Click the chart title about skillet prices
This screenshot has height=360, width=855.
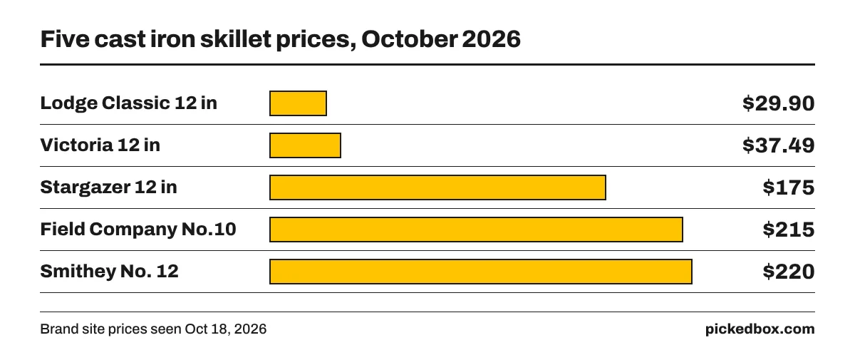point(281,39)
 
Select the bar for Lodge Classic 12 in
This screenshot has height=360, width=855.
point(298,103)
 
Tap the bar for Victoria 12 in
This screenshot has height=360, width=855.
point(306,145)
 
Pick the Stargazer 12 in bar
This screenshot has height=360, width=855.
point(437,187)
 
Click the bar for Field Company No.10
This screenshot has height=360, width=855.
point(477,230)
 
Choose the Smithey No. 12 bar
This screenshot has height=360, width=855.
point(481,272)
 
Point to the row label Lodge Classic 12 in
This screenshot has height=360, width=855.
point(129,103)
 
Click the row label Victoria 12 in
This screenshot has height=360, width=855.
point(100,145)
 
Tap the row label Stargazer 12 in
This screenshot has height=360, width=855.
point(109,187)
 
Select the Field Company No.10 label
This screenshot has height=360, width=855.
point(138,230)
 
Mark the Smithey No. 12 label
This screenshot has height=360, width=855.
point(110,272)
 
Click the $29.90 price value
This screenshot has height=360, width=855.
point(779,103)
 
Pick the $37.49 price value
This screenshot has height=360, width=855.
point(779,145)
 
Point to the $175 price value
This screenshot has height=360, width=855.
point(789,187)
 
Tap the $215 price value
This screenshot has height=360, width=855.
point(789,230)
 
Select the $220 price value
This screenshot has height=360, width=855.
point(789,272)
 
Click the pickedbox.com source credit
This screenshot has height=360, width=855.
point(760,329)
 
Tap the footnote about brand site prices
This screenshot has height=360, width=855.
point(153,329)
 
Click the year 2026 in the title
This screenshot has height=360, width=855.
point(491,39)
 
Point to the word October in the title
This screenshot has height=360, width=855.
point(409,39)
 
